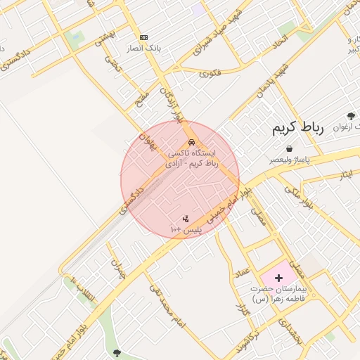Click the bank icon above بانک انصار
pyautogui.click(x=144, y=37)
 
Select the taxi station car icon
pyautogui.click(x=192, y=141)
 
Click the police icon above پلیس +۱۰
pyautogui.click(x=186, y=219)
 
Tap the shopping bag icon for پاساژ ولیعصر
pyautogui.click(x=290, y=148)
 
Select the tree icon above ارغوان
pyautogui.click(x=351, y=115)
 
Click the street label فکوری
pyautogui.click(x=210, y=72)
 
